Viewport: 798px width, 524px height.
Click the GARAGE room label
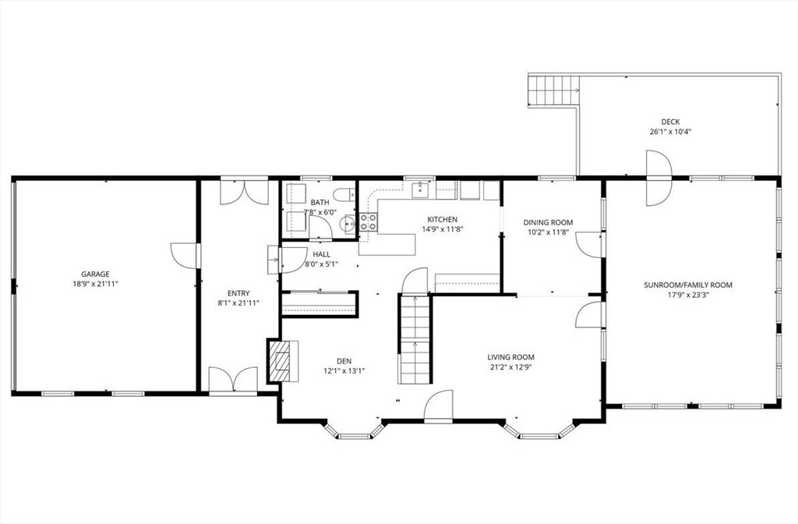[95, 274]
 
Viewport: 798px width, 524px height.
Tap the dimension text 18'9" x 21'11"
[95, 284]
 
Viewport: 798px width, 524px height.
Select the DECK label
[670, 122]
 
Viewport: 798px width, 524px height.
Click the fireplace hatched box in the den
[278, 360]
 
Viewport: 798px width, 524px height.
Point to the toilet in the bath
[345, 194]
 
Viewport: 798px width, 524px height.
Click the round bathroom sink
[348, 222]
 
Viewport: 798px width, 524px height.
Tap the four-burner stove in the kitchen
[369, 221]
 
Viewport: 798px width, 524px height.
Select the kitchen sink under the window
[420, 189]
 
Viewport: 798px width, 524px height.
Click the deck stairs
[554, 90]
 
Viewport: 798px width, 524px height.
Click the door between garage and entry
[185, 256]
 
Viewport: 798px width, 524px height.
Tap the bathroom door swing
[320, 227]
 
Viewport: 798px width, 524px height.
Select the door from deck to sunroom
[659, 178]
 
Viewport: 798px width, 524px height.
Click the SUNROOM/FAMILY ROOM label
[688, 285]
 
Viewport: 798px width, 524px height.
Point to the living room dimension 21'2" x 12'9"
[510, 366]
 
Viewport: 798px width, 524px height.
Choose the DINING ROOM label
[548, 222]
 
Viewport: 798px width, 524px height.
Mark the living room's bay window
[540, 431]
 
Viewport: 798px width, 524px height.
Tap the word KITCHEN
[443, 219]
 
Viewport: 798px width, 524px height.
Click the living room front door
[438, 406]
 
